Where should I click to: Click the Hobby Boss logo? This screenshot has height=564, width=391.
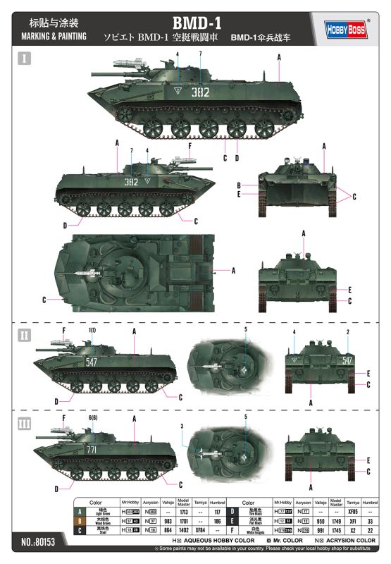pos(347,28)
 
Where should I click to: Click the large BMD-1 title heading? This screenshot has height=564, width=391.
pos(195,22)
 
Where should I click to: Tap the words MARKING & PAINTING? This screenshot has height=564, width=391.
pos(54,36)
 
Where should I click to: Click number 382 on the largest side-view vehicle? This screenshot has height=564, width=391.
pos(200,92)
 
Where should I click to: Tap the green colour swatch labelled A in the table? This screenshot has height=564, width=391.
pos(80,510)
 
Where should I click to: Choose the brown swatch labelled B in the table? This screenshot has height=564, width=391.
pos(80,520)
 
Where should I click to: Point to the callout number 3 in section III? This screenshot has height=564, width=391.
pos(181,425)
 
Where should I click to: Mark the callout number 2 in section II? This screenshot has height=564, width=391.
pos(347,331)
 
